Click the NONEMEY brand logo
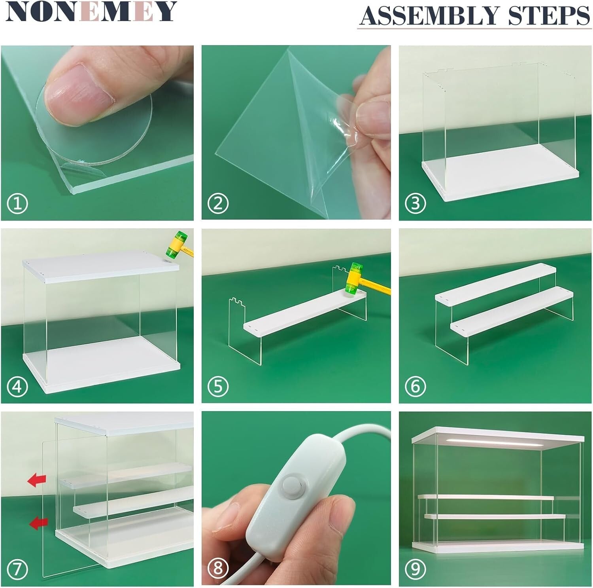[x=91, y=12]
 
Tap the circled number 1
[x=17, y=204]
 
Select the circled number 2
[x=218, y=204]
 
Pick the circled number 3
[x=415, y=204]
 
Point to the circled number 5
[x=218, y=386]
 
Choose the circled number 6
[x=415, y=386]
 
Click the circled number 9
[x=415, y=569]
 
